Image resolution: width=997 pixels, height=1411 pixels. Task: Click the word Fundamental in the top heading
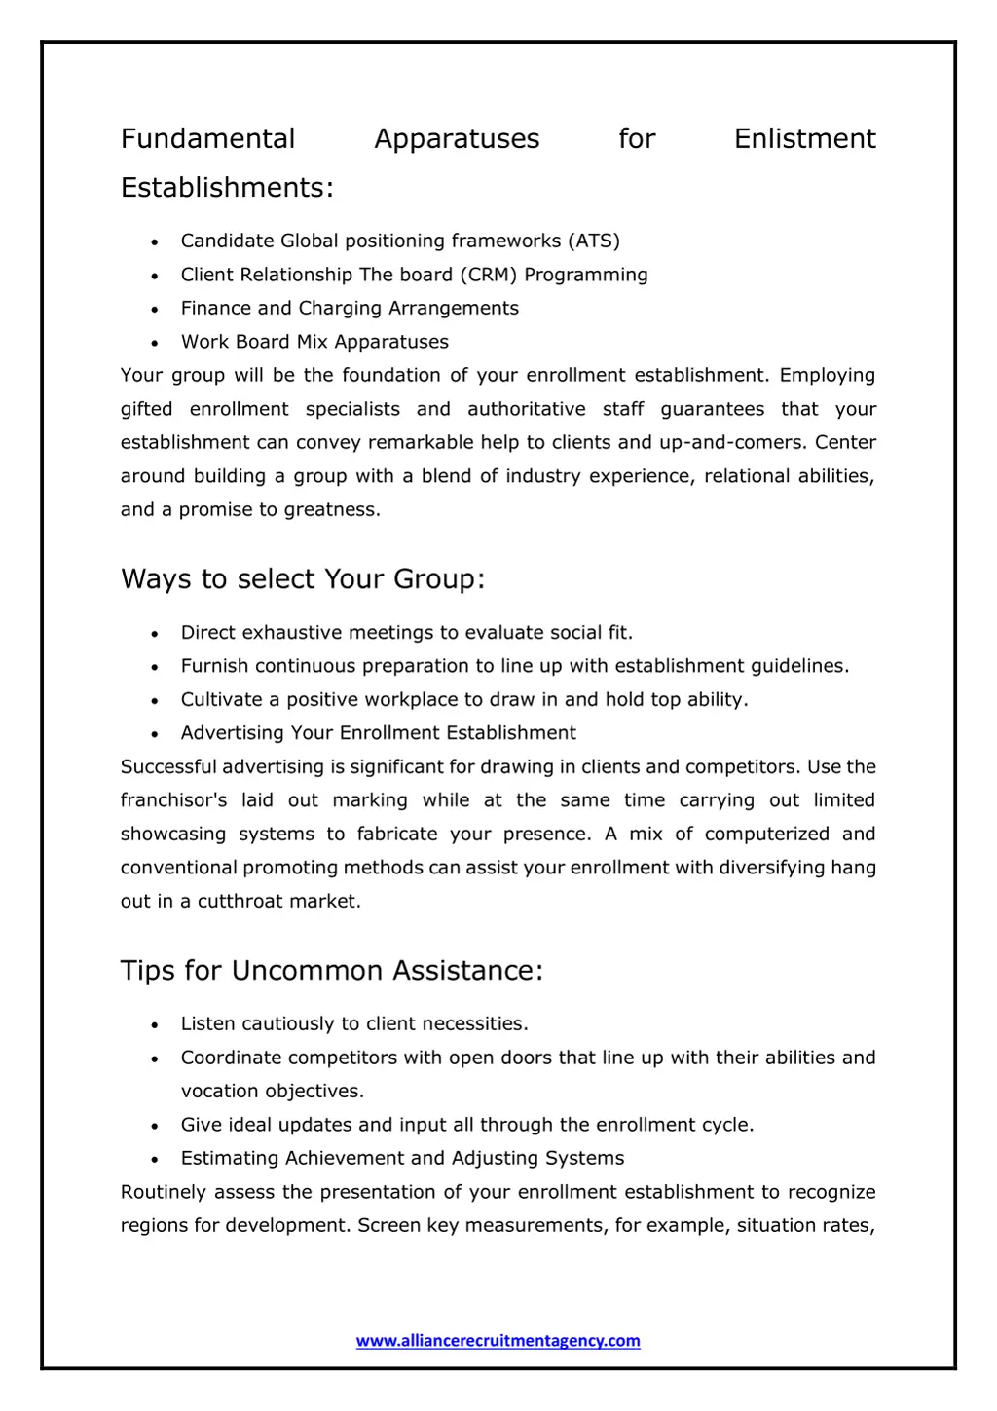click(207, 139)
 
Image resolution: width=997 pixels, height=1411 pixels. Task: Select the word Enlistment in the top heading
click(804, 139)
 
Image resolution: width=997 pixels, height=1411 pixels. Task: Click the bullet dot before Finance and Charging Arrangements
click(155, 310)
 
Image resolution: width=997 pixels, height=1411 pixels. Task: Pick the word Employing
click(827, 376)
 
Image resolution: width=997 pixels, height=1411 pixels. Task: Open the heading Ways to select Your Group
click(302, 579)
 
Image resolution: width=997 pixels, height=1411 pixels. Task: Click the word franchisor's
click(173, 800)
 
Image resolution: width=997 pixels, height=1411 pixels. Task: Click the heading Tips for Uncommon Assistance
click(331, 971)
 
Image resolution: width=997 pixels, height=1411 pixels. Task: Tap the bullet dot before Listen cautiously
click(155, 1025)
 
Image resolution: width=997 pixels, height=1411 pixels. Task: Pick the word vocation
click(219, 1092)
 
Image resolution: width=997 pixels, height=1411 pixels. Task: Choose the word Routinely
click(164, 1193)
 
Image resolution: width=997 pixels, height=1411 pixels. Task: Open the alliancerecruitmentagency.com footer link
click(498, 1341)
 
